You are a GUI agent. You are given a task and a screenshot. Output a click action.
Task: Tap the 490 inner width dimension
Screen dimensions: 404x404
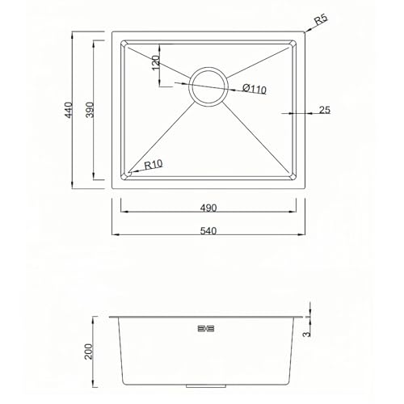[208, 207]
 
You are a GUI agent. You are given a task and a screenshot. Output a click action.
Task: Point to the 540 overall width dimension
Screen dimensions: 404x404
[208, 229]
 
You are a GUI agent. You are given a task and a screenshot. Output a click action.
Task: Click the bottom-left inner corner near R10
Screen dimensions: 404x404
[125, 175]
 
